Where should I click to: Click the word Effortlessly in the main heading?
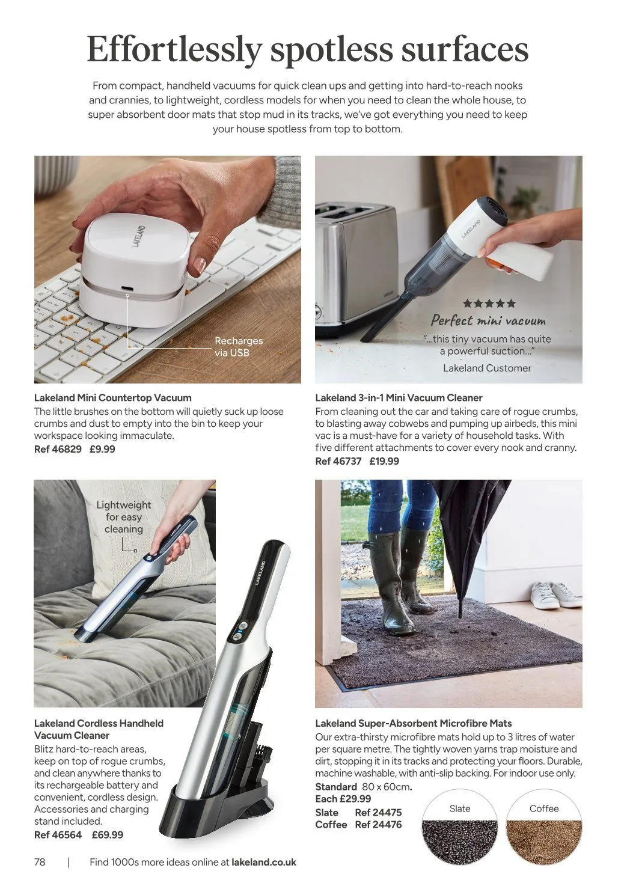point(174,50)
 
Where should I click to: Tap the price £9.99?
point(102,449)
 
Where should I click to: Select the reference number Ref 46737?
point(338,461)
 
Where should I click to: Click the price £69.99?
point(108,834)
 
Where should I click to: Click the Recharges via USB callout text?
point(239,347)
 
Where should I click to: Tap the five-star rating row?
point(489,304)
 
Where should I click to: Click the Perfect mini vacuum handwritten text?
point(488,320)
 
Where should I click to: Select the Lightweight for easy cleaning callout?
point(124,517)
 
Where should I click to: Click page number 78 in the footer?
point(40,862)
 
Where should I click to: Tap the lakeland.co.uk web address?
point(264,862)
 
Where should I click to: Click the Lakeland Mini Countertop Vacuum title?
point(113,397)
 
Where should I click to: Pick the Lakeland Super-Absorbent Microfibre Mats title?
point(414,723)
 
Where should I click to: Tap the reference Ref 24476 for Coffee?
point(378,825)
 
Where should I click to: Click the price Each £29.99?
point(343,799)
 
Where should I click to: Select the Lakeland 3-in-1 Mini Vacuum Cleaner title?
point(399,397)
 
